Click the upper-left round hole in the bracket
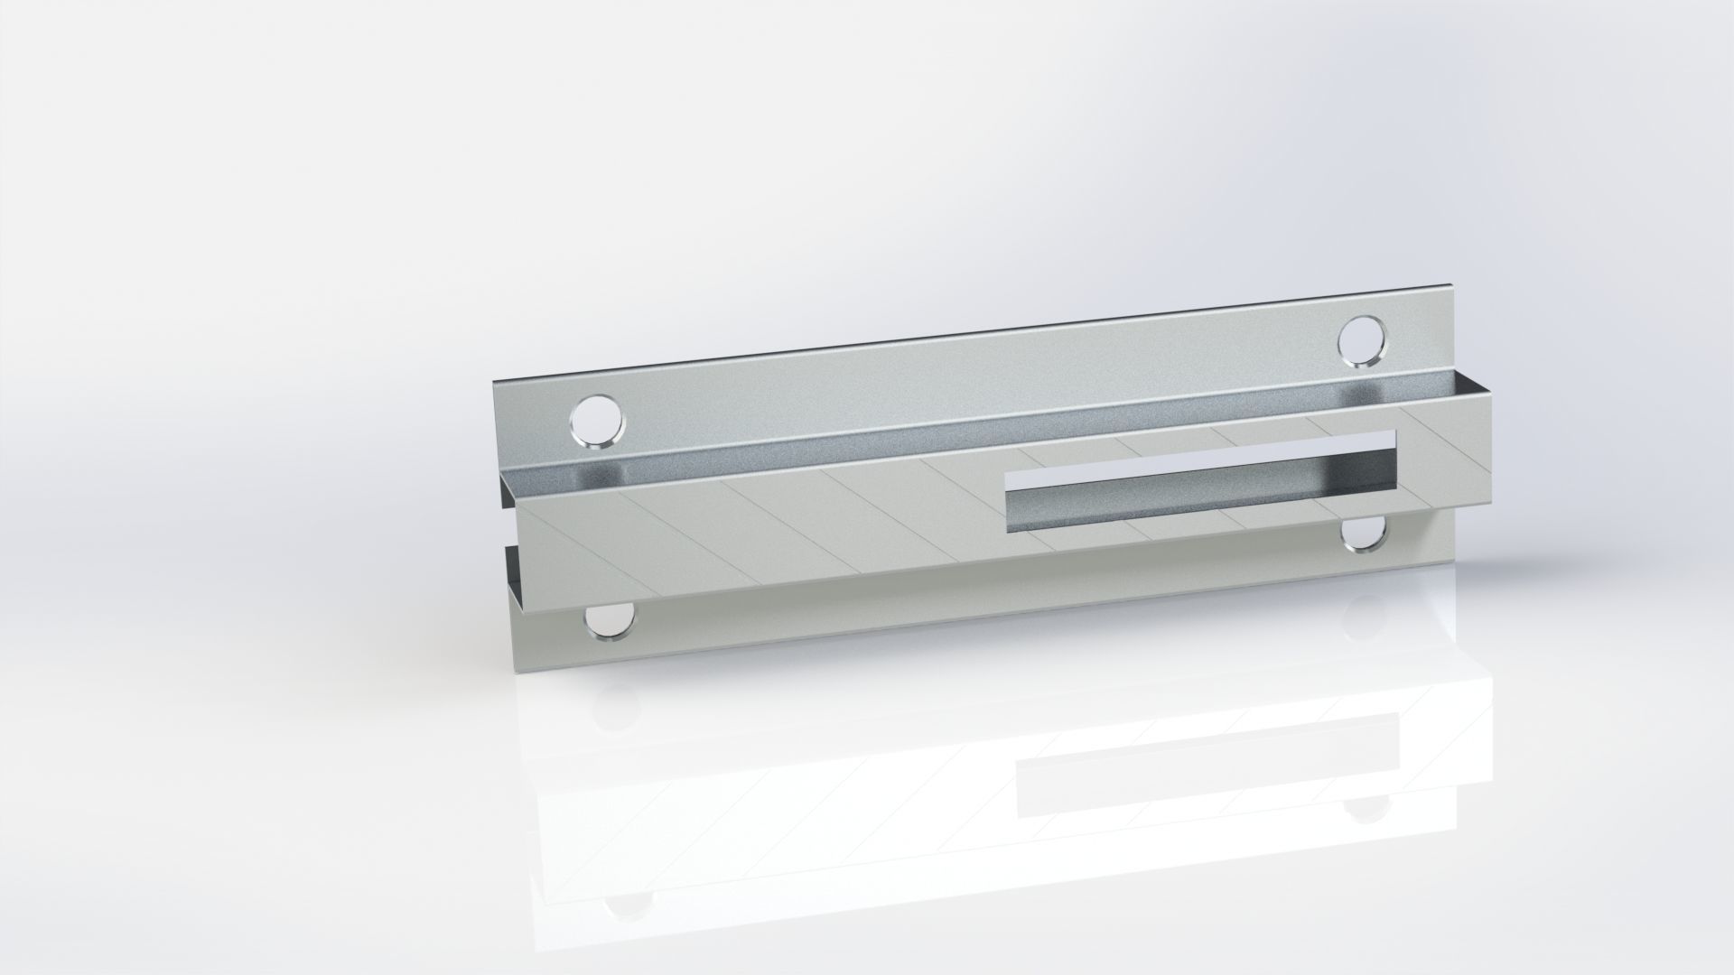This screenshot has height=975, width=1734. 597,422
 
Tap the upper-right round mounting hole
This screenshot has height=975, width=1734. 1361,340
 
